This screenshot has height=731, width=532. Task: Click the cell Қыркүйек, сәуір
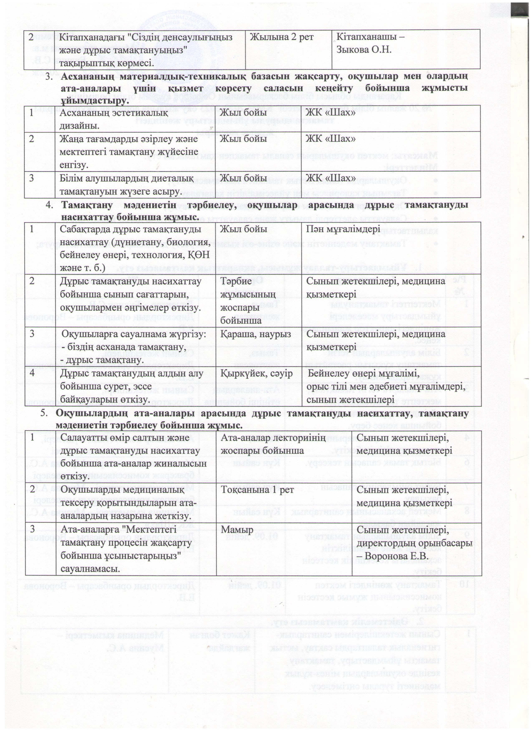point(256,374)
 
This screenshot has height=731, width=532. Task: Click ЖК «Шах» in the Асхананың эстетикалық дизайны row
point(331,113)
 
